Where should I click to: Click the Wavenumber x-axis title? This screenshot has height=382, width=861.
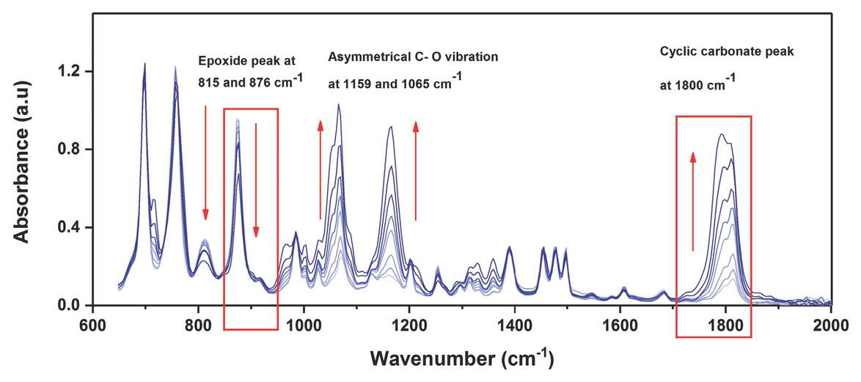(461, 359)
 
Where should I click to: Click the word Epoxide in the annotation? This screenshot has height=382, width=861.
(219, 62)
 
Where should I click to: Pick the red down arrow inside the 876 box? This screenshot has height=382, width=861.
(256, 180)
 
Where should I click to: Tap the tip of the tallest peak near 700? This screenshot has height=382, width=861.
(144, 64)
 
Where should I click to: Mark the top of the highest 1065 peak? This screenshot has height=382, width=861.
(338, 105)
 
